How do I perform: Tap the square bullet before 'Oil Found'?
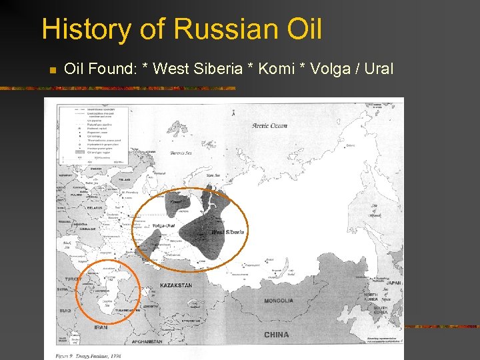pyautogui.click(x=50, y=69)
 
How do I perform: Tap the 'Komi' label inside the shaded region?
pyautogui.click(x=175, y=202)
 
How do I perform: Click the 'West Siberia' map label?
pyautogui.click(x=227, y=232)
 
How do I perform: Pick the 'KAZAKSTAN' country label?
pyautogui.click(x=176, y=285)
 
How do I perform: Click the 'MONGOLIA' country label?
pyautogui.click(x=278, y=301)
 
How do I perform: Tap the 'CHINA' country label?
pyautogui.click(x=276, y=335)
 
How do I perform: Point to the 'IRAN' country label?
pyautogui.click(x=101, y=327)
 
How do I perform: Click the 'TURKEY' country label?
pyautogui.click(x=74, y=279)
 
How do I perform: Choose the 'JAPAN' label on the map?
pyautogui.click(x=393, y=283)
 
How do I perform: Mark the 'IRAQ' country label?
pyautogui.click(x=64, y=311)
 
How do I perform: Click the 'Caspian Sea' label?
pyautogui.click(x=105, y=303)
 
